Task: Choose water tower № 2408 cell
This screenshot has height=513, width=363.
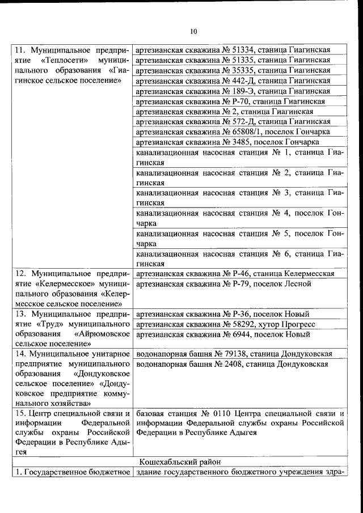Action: [233, 364]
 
